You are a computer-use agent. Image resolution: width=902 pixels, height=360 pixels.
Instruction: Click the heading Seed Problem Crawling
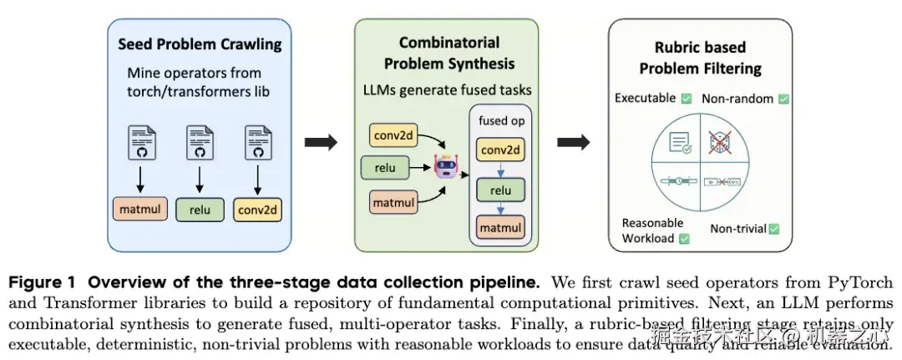pos(200,44)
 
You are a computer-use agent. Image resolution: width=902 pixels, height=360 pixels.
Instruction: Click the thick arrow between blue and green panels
pos(320,143)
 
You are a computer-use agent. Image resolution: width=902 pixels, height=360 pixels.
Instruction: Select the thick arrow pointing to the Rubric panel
pos(573,143)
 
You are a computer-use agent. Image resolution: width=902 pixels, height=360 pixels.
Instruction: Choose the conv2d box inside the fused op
pos(500,151)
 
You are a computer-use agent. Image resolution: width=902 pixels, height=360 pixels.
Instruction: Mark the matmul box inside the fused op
pos(500,226)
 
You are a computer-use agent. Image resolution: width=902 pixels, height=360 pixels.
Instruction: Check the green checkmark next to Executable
pos(686,99)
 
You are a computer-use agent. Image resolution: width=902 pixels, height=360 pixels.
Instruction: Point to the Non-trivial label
pos(738,228)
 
